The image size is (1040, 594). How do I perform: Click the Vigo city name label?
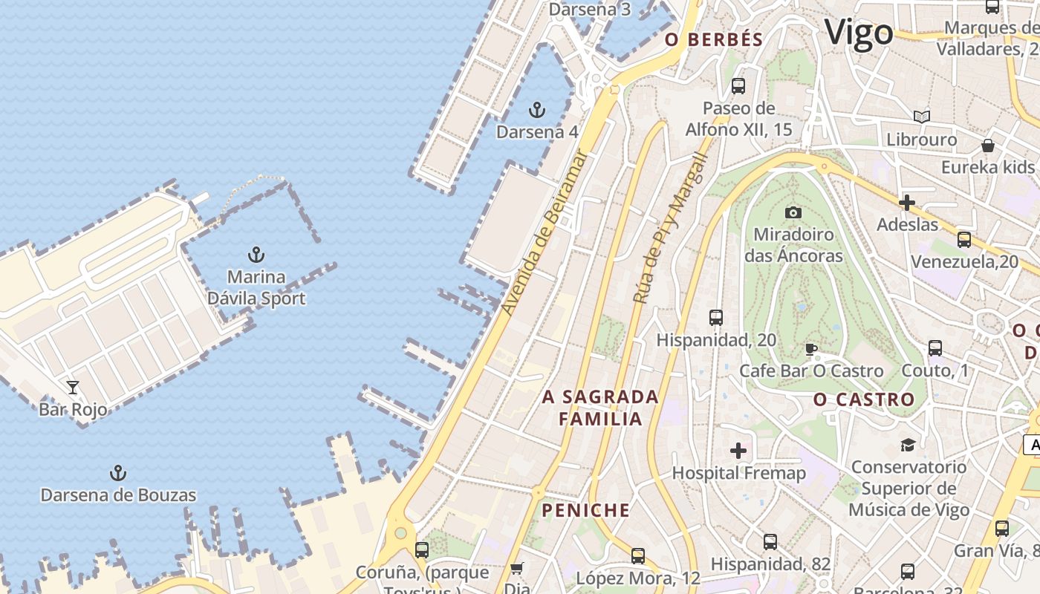click(x=858, y=33)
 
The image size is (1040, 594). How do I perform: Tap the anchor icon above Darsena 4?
click(x=536, y=111)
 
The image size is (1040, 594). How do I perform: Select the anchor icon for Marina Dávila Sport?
click(x=256, y=255)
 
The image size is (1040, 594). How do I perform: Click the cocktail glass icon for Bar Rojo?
click(x=73, y=387)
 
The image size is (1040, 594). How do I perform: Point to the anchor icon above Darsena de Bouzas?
click(x=117, y=473)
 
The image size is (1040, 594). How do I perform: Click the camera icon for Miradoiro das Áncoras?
click(x=793, y=212)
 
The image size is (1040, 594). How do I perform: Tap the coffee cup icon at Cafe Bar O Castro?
click(x=811, y=349)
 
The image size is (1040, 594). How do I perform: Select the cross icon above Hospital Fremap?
click(x=738, y=451)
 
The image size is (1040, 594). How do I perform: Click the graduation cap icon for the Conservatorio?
click(x=908, y=445)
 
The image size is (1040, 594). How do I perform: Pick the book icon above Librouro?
click(x=922, y=117)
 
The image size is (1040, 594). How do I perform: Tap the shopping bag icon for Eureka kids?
click(x=988, y=145)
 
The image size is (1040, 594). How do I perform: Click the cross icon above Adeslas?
click(x=907, y=202)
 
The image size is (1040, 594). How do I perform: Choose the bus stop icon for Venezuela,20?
click(x=964, y=240)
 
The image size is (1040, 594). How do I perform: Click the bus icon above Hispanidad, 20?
click(x=716, y=318)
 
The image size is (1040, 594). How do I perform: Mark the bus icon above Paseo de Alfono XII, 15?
click(x=738, y=85)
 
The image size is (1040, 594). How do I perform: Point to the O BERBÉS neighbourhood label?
click(x=714, y=40)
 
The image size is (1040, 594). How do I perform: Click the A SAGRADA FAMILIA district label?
click(x=600, y=408)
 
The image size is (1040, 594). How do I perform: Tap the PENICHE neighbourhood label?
click(x=585, y=510)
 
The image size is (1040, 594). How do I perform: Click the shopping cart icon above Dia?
click(x=517, y=569)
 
